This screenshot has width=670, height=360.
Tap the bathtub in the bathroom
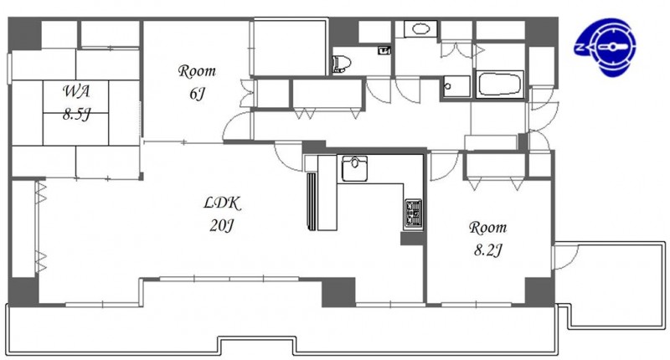(500, 84)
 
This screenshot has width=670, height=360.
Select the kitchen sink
(354, 168)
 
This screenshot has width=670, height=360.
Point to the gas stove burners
(413, 213)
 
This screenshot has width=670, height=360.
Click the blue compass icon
(606, 46)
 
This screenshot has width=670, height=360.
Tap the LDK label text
(222, 203)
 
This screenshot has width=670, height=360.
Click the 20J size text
(221, 225)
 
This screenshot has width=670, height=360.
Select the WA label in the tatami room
(76, 91)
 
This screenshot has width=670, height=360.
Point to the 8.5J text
(76, 115)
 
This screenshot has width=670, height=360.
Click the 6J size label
(197, 94)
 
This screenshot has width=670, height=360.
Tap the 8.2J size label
(487, 249)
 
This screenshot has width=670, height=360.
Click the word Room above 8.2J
(487, 227)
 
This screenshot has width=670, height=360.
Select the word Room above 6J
(197, 71)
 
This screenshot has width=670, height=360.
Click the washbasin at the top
(421, 29)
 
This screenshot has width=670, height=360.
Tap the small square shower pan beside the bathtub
(456, 87)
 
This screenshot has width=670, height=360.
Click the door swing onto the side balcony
(564, 256)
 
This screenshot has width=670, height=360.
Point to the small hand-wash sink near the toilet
(384, 50)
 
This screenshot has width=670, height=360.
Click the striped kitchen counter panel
(312, 201)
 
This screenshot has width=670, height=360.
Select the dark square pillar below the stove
(411, 239)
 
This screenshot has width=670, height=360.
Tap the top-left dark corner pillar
(25, 34)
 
